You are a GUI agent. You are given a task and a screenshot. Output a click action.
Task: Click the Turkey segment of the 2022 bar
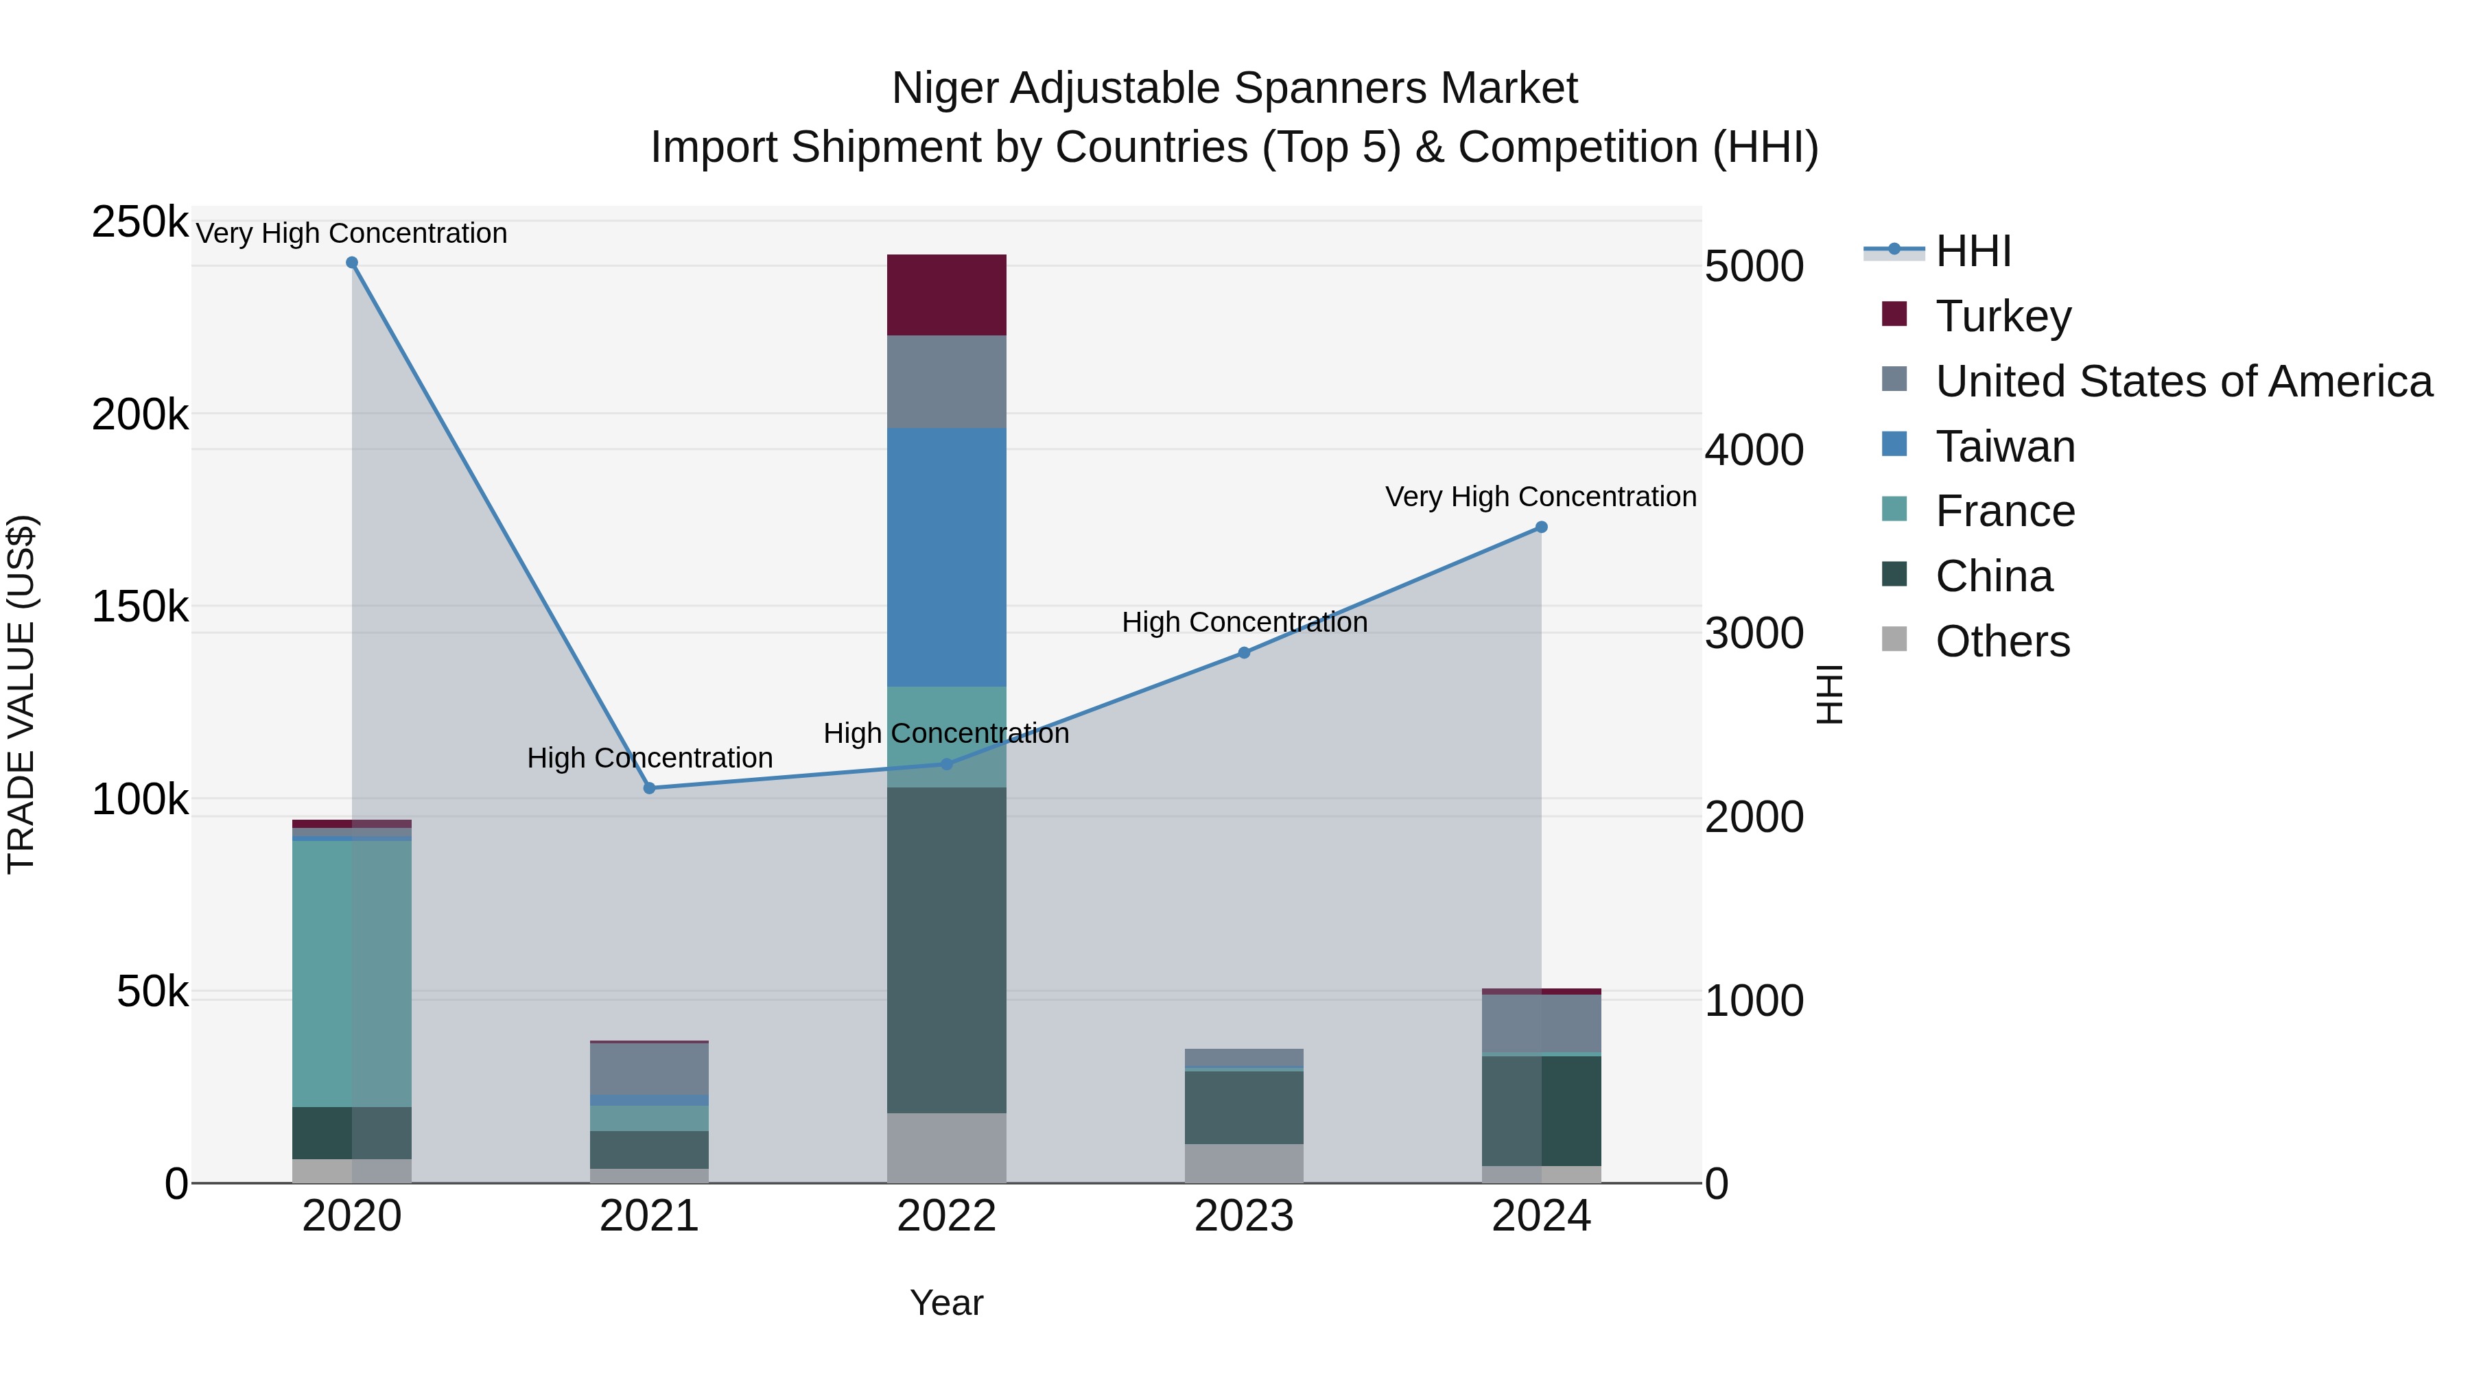point(945,294)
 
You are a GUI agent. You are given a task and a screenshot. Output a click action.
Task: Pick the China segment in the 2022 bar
point(945,949)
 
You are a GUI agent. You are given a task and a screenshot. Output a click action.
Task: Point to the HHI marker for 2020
point(352,263)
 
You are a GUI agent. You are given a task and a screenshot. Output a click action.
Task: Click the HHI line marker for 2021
point(649,788)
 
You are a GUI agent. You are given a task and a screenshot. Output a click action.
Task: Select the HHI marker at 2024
point(1541,527)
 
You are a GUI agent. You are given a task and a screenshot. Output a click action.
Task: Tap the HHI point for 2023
point(1244,653)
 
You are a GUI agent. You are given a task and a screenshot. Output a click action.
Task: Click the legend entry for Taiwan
point(2004,447)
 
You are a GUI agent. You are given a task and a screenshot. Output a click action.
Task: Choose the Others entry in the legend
point(2001,641)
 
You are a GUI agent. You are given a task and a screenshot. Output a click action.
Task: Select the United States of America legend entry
point(2183,381)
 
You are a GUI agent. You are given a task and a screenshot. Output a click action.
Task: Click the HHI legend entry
point(1973,251)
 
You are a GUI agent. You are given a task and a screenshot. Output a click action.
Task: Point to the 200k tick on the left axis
point(140,415)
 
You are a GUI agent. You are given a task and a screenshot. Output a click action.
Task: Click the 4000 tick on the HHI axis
point(1754,451)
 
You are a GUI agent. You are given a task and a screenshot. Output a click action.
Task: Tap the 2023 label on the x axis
point(1244,1216)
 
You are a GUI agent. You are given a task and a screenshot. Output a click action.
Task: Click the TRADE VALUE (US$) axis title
point(21,694)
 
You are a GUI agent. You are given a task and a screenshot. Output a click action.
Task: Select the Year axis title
point(945,1303)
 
